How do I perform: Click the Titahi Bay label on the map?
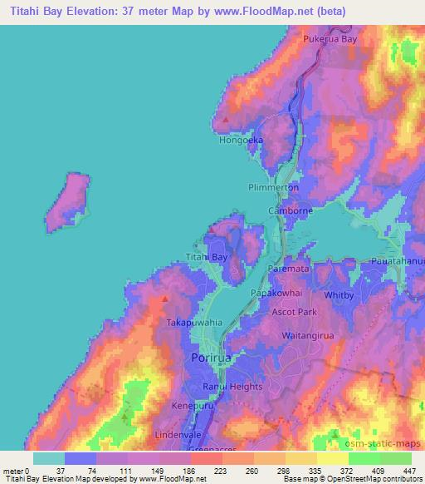[206, 258]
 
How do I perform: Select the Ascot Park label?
[294, 312]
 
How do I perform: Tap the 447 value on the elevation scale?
[408, 471]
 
